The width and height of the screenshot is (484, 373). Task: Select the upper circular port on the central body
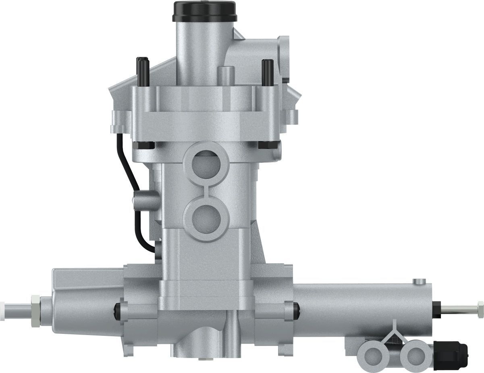(x=206, y=161)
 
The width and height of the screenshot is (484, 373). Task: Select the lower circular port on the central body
(x=206, y=218)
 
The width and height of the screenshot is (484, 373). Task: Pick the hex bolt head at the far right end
(x=480, y=309)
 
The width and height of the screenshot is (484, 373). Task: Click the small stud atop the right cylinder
(x=419, y=281)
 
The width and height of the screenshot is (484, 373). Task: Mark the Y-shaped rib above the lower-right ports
(x=393, y=333)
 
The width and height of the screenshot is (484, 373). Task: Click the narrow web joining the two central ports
(x=206, y=190)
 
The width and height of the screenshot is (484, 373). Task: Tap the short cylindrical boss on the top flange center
(x=226, y=75)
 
